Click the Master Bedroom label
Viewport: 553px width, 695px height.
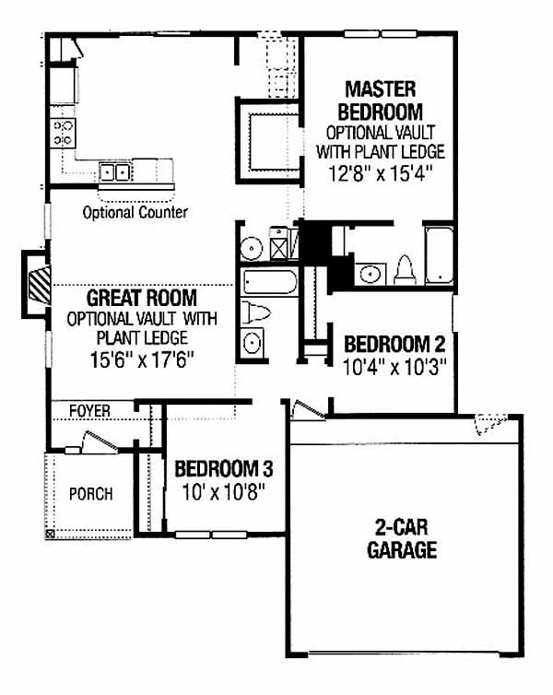380,100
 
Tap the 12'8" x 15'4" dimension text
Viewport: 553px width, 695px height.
380,173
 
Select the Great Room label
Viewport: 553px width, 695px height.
142,298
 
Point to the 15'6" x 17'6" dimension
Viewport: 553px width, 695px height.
142,359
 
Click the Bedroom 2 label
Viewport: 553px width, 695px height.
394,345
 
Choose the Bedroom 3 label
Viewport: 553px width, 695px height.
224,469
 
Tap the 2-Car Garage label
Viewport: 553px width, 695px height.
402,539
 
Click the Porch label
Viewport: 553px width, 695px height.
91,494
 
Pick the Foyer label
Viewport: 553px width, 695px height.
89,411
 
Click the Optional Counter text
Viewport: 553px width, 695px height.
135,212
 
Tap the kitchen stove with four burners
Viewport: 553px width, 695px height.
63,133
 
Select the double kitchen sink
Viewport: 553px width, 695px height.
115,172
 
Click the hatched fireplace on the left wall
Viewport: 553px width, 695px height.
40,284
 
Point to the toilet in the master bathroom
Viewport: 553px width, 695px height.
405,270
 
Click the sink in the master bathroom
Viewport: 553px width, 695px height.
371,274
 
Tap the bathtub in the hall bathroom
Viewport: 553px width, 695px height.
270,282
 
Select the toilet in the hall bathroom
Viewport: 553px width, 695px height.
255,312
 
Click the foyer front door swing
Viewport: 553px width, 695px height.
100,442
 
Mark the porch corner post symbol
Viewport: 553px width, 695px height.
50,534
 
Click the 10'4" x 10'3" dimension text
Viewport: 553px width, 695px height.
394,368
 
